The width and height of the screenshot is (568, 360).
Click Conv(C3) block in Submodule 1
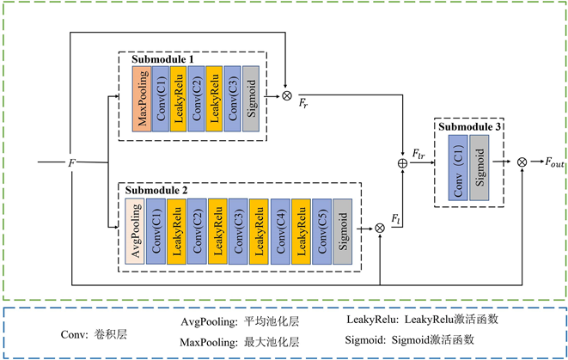232,98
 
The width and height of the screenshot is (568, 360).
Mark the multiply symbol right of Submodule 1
286,95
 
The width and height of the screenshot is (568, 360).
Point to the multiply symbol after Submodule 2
380,228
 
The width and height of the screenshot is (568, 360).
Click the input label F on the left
72,161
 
